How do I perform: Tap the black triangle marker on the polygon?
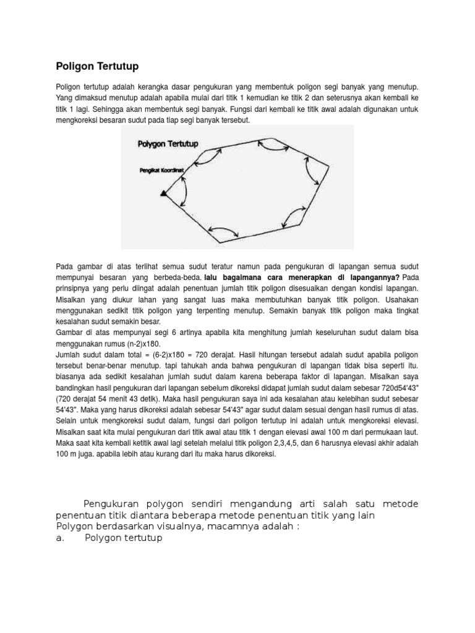[163, 193]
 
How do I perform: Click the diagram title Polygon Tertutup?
[168, 144]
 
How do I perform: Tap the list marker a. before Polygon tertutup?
[60, 538]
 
